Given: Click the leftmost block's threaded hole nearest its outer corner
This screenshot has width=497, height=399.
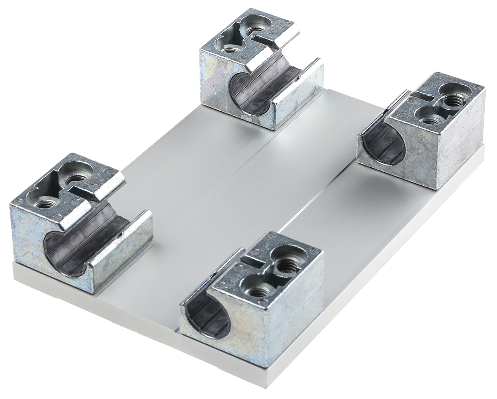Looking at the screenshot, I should (x=46, y=203).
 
